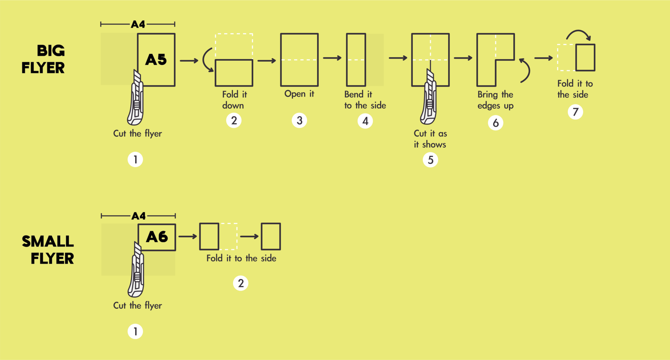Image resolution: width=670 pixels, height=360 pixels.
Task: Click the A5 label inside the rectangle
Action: [x=156, y=60]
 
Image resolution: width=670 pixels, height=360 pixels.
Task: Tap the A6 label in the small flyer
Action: [x=157, y=237]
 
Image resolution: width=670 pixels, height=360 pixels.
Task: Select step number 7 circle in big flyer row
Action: [x=575, y=112]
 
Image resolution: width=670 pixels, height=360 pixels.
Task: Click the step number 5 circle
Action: [x=431, y=160]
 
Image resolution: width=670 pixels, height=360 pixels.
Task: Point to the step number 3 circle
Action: [x=299, y=120]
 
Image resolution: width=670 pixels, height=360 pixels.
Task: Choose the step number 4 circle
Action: [x=365, y=121]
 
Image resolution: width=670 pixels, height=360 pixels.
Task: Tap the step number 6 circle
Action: [x=496, y=123]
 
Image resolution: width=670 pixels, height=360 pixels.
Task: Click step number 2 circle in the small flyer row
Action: [x=241, y=283]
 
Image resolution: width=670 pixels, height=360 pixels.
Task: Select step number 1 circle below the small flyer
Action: [x=135, y=332]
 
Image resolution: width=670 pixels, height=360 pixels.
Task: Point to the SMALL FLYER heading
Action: [x=48, y=250]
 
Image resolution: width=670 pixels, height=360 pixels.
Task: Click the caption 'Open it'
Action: [x=299, y=94]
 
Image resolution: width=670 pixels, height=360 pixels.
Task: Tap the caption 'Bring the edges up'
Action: [x=495, y=100]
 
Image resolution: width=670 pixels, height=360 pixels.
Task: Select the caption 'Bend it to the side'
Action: [x=365, y=100]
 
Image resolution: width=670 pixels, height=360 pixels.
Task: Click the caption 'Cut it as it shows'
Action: [x=430, y=139]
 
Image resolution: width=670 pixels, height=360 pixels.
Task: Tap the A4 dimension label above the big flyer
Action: [x=138, y=24]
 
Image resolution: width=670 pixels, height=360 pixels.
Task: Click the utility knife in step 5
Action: [x=429, y=98]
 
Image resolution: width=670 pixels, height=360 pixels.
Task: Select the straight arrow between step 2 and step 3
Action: [x=267, y=60]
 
